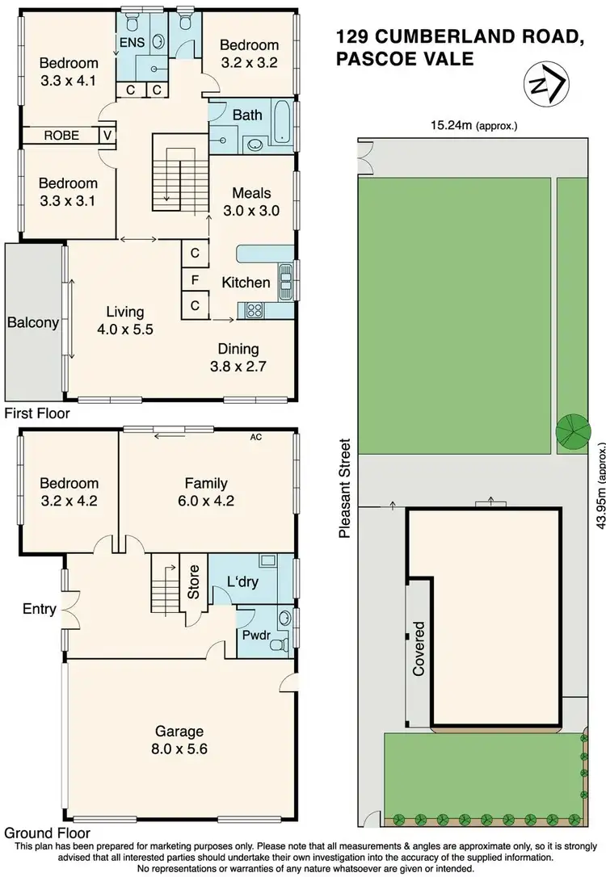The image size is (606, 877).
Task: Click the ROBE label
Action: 62,136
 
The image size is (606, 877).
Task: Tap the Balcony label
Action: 32,323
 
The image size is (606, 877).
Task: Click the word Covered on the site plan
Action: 419,648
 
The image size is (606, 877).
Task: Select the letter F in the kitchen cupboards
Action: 196,280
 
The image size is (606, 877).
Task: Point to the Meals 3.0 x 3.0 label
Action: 250,202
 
